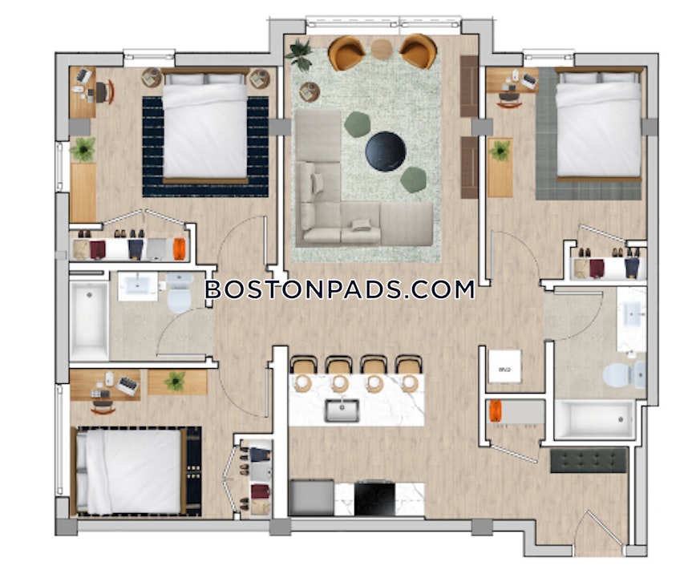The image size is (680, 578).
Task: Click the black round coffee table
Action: click(x=385, y=150)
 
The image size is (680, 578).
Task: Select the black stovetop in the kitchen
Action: click(x=374, y=498)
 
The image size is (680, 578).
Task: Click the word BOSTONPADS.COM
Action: click(x=340, y=289)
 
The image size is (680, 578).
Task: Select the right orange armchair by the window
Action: click(x=418, y=51)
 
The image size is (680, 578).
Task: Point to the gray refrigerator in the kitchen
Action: click(x=311, y=497)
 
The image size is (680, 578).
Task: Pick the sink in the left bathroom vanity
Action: click(x=138, y=285)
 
